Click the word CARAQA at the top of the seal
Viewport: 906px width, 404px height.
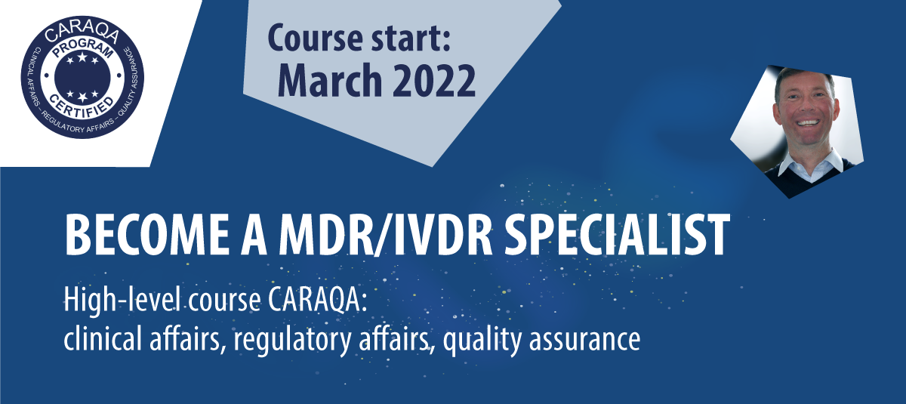point(82,32)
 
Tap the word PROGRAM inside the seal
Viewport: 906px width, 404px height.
point(82,49)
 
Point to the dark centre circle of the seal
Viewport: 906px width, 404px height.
point(82,76)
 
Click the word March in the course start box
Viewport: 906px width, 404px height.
point(330,80)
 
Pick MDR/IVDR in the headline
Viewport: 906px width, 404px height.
point(387,236)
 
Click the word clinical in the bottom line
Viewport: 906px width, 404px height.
point(103,338)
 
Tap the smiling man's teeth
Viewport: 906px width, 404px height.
point(807,122)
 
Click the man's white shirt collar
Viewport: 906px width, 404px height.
point(809,164)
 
